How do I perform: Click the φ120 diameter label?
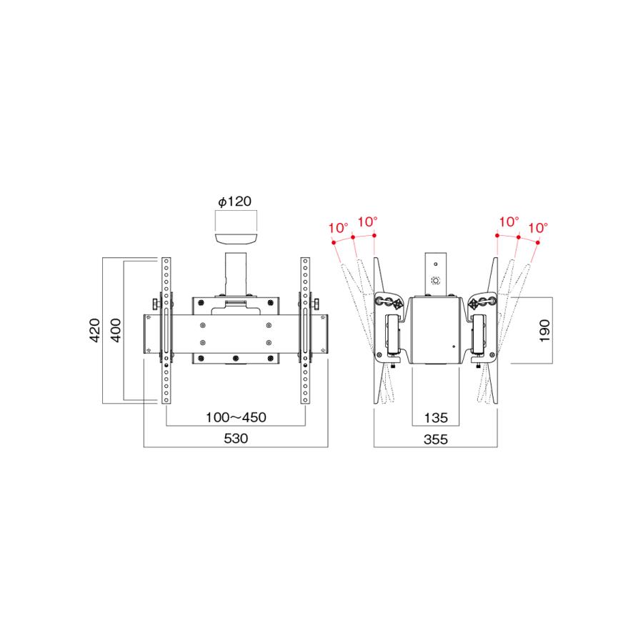[234, 201]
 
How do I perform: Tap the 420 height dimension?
[95, 330]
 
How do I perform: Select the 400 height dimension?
[116, 330]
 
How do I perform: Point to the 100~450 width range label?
[236, 417]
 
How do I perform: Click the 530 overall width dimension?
[236, 439]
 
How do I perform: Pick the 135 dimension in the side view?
[436, 418]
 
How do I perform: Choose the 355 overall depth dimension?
[436, 439]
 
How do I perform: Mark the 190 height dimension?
[544, 331]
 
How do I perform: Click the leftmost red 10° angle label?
[339, 228]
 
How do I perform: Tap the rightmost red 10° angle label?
[537, 228]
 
